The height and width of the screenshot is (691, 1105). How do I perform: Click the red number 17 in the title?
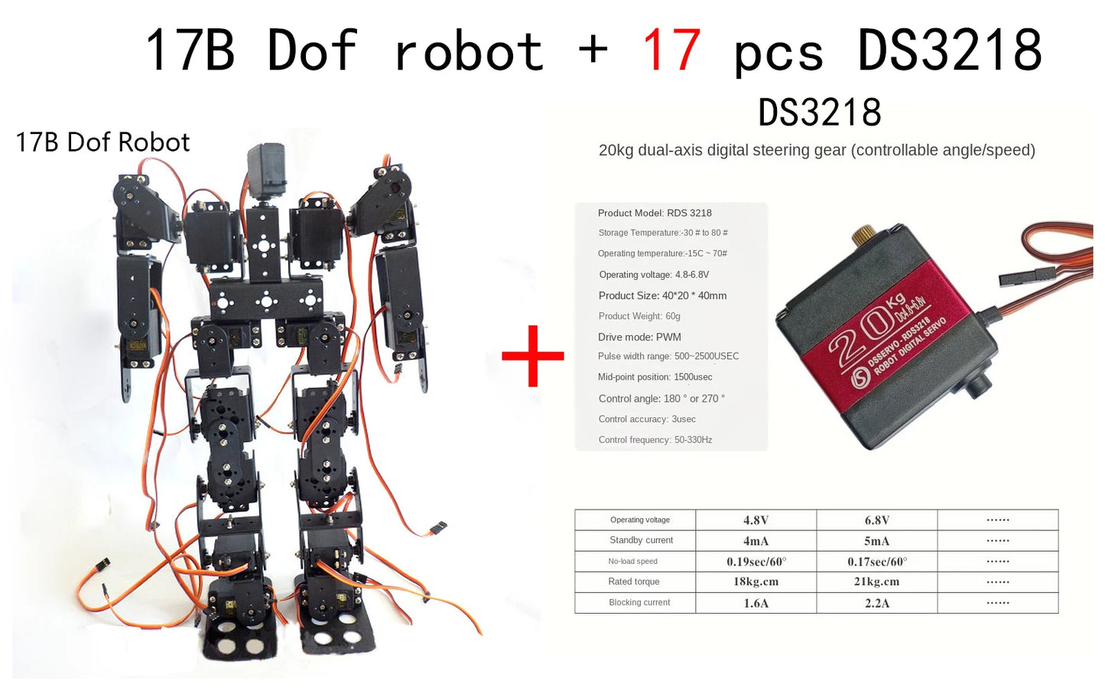[671, 51]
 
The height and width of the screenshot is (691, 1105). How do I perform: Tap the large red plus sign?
[533, 356]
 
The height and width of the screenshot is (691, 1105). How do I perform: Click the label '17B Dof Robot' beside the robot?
[102, 142]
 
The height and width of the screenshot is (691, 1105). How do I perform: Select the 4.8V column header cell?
[756, 520]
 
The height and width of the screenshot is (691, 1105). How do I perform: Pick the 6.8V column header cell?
[876, 520]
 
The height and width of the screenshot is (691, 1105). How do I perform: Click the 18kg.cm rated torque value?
[756, 582]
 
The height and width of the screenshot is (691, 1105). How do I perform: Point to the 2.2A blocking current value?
[876, 603]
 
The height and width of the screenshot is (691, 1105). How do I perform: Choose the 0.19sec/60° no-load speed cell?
[756, 562]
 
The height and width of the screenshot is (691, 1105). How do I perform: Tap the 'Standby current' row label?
[641, 540]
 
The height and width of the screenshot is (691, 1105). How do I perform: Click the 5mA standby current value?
[876, 541]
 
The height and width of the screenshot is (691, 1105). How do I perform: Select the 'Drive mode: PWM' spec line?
[639, 337]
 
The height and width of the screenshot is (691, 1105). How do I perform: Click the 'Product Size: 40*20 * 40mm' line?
[662, 295]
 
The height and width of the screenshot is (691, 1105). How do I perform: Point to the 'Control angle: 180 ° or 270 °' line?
[661, 399]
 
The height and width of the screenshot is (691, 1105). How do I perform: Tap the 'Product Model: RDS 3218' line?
[655, 213]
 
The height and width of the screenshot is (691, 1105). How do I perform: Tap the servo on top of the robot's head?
[266, 172]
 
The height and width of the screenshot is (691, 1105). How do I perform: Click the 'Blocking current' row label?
[639, 603]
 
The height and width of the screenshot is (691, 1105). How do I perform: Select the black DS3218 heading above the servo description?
[820, 113]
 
